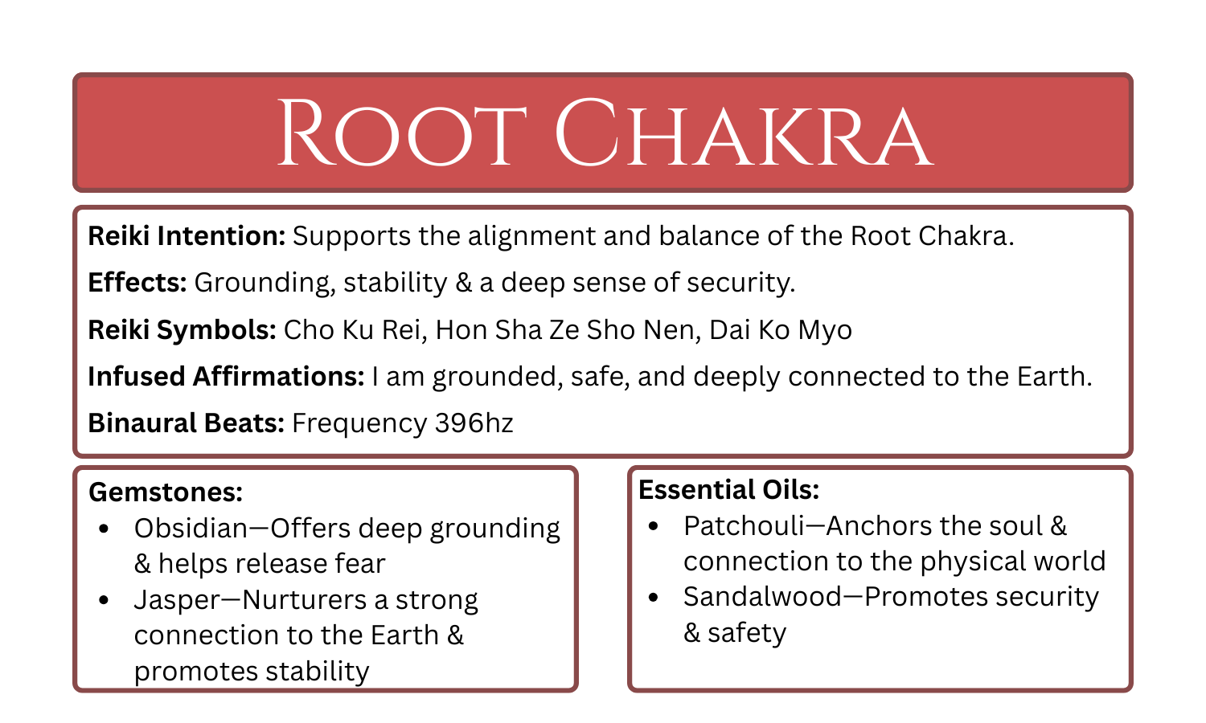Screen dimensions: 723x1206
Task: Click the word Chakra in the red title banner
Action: coord(744,133)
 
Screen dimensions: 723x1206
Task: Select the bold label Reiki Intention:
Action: coord(187,236)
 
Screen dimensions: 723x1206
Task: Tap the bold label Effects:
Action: coord(137,283)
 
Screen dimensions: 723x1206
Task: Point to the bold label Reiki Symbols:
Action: coord(183,330)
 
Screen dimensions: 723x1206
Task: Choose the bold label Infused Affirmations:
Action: coord(226,377)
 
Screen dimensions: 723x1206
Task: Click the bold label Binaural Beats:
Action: coord(186,423)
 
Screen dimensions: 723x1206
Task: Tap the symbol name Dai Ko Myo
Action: coord(781,330)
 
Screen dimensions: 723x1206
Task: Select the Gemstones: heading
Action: coord(166,492)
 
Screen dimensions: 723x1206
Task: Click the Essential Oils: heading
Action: coord(729,489)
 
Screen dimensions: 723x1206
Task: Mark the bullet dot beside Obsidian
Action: coord(104,529)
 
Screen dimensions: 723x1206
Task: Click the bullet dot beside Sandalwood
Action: coord(653,597)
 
